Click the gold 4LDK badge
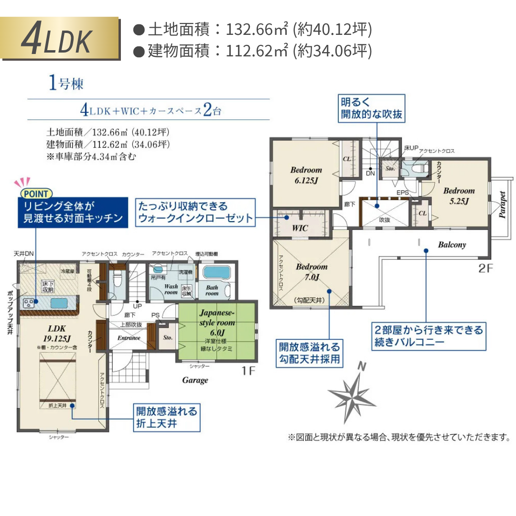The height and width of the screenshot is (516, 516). [x=60, y=39]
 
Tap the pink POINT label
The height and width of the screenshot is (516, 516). [x=36, y=193]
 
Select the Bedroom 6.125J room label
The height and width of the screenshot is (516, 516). [x=306, y=175]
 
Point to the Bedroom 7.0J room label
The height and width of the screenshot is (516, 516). [x=312, y=272]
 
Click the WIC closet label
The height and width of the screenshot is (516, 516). [x=300, y=228]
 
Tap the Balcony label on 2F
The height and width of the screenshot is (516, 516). [x=451, y=245]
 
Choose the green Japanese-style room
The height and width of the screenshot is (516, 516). [x=217, y=330]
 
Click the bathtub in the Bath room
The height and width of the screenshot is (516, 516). [x=216, y=273]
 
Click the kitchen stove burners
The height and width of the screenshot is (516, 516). [x=30, y=302]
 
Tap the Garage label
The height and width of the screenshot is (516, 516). [x=195, y=380]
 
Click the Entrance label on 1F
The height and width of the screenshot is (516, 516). [x=129, y=338]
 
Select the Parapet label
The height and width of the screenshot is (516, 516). [x=502, y=205]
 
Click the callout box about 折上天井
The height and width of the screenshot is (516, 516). [x=165, y=417]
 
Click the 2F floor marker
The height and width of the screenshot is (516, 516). [x=485, y=269]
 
